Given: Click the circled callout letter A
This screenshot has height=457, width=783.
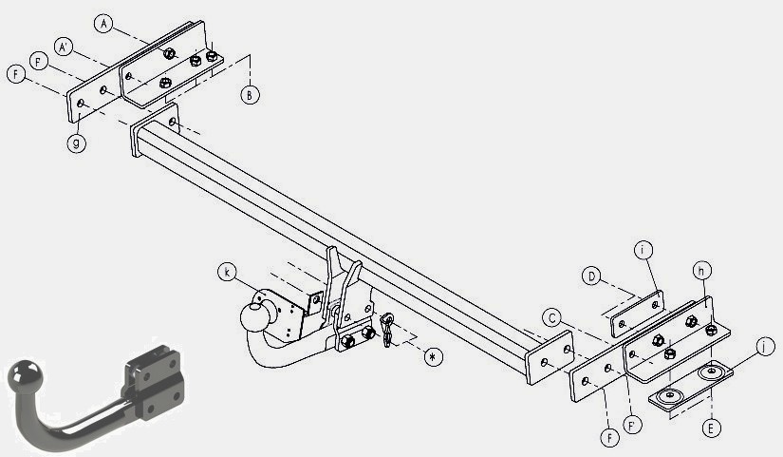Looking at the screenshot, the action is pos(103,24).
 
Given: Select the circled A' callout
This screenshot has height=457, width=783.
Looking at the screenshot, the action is pos(64,47).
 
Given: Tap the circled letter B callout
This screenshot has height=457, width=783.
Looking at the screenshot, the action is pos(250,94).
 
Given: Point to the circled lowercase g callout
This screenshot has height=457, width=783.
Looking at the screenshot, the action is pos(77,143).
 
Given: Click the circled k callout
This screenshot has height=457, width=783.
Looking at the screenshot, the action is pos(227,272).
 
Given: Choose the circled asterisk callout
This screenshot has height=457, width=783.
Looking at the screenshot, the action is pos(433,356).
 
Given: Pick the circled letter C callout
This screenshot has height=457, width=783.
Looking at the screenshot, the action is pos(551,318).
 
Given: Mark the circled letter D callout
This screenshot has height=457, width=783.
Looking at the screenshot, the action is pos(591,276).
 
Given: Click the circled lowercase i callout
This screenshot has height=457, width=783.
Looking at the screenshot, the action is pos(643,250).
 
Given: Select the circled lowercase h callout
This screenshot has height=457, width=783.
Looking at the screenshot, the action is pos(701,271).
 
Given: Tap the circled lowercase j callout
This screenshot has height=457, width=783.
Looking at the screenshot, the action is pos(765,346).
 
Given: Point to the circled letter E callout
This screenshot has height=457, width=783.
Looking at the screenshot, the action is pos(711,428).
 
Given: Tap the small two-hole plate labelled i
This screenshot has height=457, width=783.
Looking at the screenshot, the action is pos(638,314).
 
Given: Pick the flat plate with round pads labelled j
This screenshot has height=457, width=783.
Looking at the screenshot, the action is pos(691,386).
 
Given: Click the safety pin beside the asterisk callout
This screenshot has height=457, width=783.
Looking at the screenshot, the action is pos(387,329).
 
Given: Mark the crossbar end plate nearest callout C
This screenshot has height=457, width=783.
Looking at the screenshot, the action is pos(550,357).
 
